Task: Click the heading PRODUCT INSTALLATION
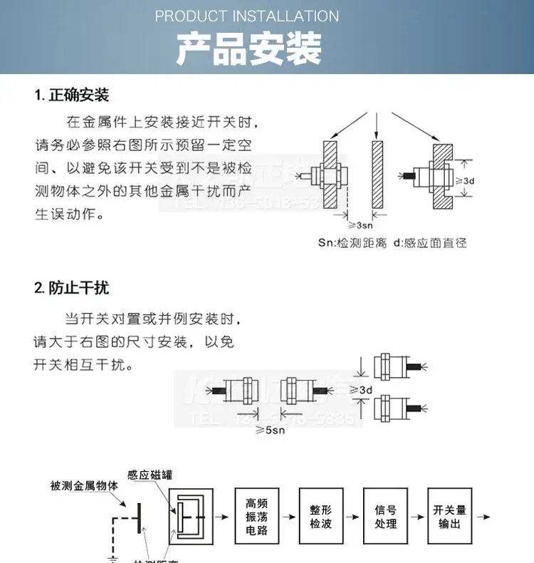coord(247,16)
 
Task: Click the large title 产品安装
coord(249,49)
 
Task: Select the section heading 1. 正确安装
coord(72,95)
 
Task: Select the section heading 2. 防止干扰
coord(72,288)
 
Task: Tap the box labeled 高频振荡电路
coord(256,517)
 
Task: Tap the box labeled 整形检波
coord(320,517)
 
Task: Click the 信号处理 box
coord(385,517)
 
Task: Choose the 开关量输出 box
coord(449,517)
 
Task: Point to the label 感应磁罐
coord(150,475)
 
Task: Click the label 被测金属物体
coord(85,486)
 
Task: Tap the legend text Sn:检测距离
coord(352,243)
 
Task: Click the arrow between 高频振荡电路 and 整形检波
coord(288,516)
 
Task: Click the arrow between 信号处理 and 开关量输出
coord(417,516)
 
